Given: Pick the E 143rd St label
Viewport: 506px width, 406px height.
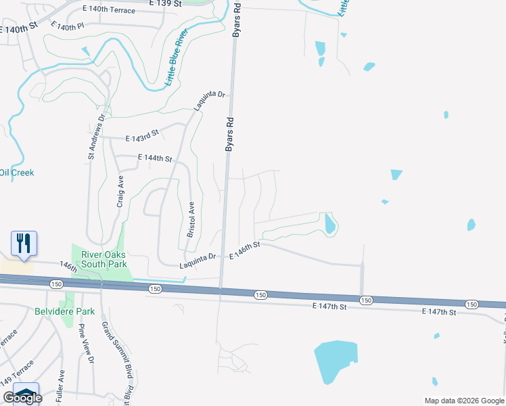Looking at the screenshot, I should (x=142, y=137).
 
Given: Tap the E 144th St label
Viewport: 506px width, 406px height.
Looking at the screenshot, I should (x=155, y=158).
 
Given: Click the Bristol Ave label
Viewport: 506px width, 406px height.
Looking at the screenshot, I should (x=191, y=219).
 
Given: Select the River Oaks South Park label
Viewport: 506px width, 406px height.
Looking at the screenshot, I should (x=104, y=259).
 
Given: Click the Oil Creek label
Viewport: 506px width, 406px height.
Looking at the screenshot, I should (x=17, y=173).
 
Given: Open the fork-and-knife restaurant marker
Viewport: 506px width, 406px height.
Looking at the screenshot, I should (x=24, y=243).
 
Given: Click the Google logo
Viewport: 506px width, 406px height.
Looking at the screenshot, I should (x=22, y=398).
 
